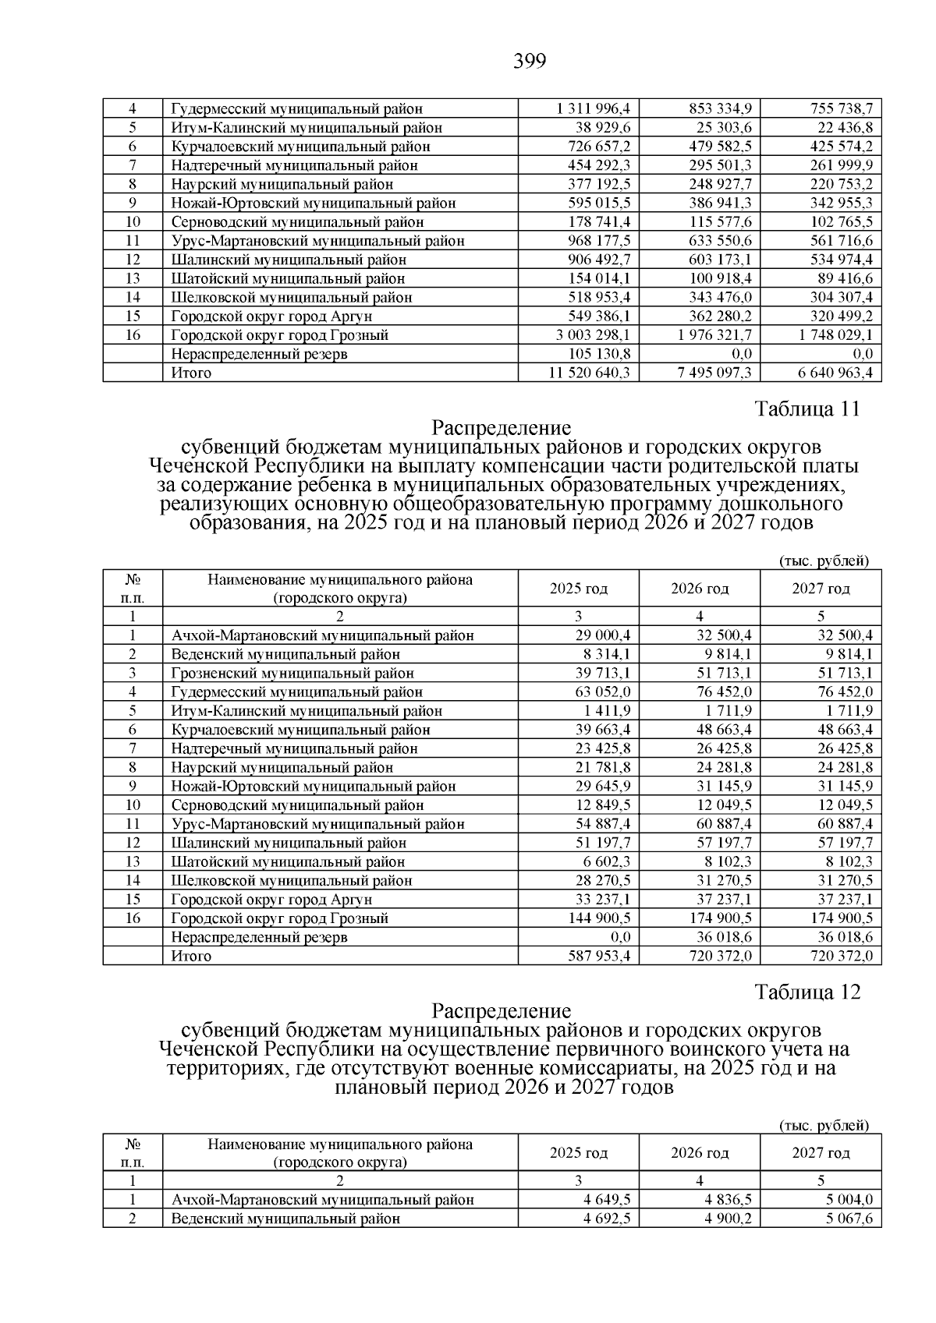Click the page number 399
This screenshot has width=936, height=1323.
coord(530,61)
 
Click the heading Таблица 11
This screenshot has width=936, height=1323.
coord(807,409)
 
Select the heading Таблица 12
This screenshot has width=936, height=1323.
coord(807,992)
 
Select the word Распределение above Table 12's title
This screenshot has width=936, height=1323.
coord(502,1011)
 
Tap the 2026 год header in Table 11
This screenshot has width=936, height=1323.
coord(700,589)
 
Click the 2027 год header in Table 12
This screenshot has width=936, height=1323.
coord(821,1153)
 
